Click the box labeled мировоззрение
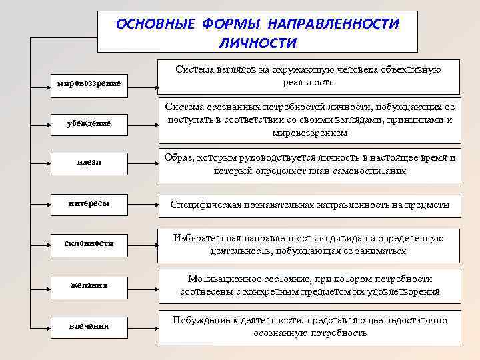(x=89, y=86)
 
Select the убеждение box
(x=89, y=125)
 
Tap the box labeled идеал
(x=89, y=164)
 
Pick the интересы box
(x=89, y=205)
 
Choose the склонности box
(x=89, y=245)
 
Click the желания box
(x=89, y=288)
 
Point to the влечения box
(x=89, y=327)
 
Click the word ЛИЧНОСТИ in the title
(x=258, y=43)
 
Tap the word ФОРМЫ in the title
(x=231, y=24)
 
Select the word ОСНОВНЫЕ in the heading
(x=155, y=24)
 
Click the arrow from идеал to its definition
(x=143, y=164)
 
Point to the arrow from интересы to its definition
(x=143, y=205)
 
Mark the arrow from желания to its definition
(x=143, y=289)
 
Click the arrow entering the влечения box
(x=41, y=329)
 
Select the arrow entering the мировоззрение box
(x=41, y=88)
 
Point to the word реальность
(x=308, y=83)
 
